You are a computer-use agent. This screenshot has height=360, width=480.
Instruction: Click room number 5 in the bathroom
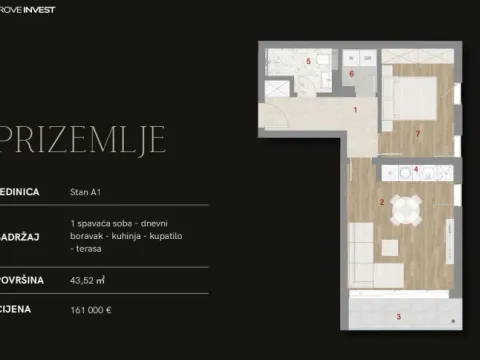[308, 62]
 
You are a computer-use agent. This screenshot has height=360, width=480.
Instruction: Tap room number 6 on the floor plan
[352, 73]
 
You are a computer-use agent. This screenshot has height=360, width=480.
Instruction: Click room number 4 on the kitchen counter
[416, 169]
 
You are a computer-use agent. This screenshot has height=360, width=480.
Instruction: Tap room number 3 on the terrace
[399, 316]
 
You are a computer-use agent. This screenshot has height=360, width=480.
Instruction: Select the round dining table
[404, 211]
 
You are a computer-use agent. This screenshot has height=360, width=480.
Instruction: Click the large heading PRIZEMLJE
[84, 141]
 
